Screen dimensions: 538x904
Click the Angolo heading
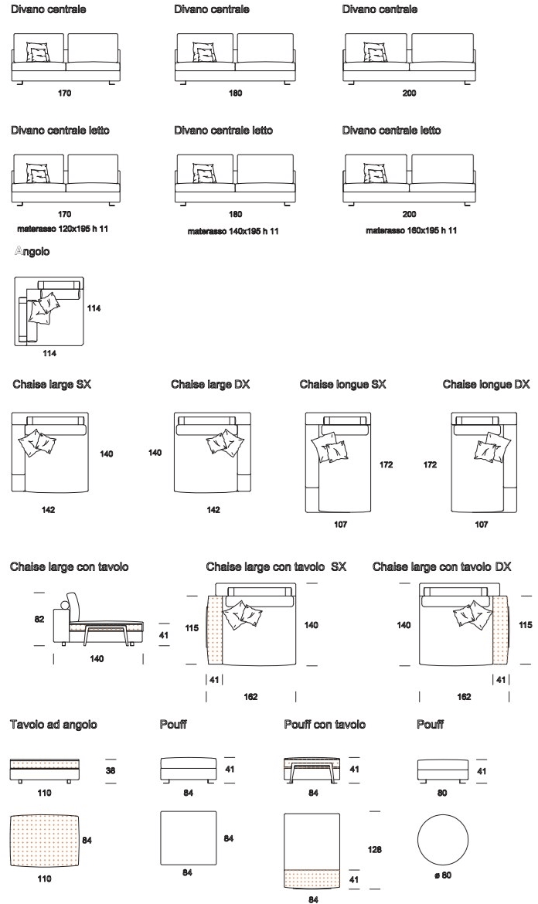point(32,251)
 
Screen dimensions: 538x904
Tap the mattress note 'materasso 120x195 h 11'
point(63,229)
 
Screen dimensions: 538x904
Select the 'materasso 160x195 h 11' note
point(411,230)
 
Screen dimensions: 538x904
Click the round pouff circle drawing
point(442,840)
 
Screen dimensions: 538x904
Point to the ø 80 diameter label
point(442,875)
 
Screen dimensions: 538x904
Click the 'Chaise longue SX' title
point(342,385)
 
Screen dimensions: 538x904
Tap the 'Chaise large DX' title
point(210,385)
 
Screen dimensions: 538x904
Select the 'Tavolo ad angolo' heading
point(53,725)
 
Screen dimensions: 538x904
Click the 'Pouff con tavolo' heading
point(325,725)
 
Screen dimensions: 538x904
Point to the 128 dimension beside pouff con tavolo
point(375,849)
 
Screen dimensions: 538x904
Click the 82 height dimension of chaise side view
point(39,619)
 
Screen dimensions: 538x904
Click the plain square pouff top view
point(188,838)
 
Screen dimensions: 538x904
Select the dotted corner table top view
point(45,840)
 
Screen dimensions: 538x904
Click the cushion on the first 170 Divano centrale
point(37,52)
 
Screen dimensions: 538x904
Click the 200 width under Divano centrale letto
point(409,214)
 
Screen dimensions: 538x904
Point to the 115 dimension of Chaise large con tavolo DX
point(526,625)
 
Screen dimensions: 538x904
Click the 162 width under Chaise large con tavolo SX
point(250,696)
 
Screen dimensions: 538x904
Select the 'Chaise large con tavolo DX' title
point(441,566)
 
